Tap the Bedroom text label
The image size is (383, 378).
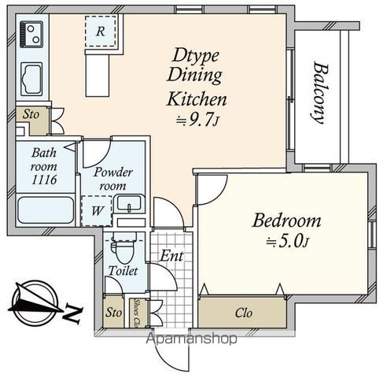(x=286, y=220)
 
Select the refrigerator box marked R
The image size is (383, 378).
(x=101, y=31)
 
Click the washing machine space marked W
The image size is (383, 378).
(x=97, y=211)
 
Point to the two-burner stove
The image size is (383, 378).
(x=31, y=35)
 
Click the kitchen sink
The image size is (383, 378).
(x=31, y=79)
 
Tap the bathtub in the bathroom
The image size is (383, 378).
(x=46, y=210)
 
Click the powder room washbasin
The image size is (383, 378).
(x=130, y=203)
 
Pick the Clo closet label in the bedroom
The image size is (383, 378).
(x=244, y=313)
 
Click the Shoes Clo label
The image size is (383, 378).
(x=136, y=312)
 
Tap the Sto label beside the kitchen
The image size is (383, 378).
(x=31, y=114)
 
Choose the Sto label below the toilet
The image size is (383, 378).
(x=113, y=313)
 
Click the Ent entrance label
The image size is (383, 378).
(x=171, y=255)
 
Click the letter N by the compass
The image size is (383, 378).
(x=72, y=313)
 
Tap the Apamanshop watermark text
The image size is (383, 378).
(x=191, y=339)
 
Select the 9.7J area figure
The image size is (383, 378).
(x=197, y=120)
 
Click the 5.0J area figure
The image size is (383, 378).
(x=287, y=242)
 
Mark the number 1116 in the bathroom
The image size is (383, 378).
(x=44, y=180)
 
